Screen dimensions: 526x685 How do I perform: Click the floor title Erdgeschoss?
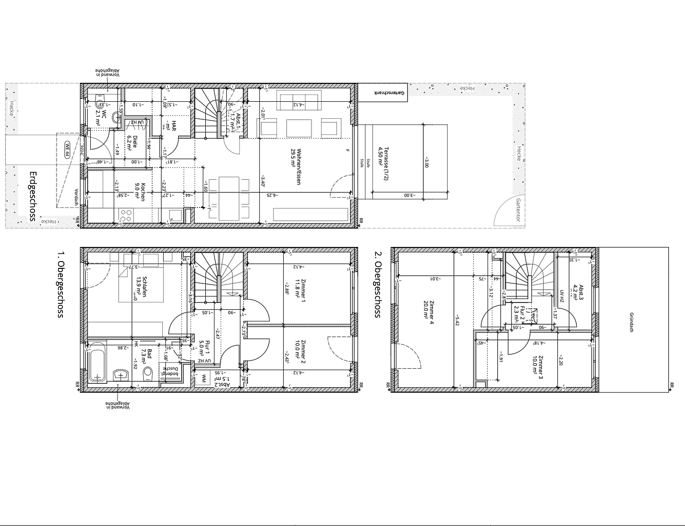click(x=33, y=196)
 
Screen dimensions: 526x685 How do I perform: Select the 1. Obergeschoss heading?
click(x=60, y=284)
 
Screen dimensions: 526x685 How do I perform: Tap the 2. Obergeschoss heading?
click(x=377, y=284)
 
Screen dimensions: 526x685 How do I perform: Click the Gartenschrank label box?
click(x=382, y=92)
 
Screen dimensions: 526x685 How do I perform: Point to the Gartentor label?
click(x=518, y=210)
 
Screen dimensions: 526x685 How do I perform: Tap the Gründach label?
click(x=632, y=322)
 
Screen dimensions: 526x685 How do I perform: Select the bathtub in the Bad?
click(x=98, y=363)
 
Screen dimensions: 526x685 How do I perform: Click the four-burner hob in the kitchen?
click(x=126, y=215)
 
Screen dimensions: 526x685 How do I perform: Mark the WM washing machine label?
click(x=204, y=377)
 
